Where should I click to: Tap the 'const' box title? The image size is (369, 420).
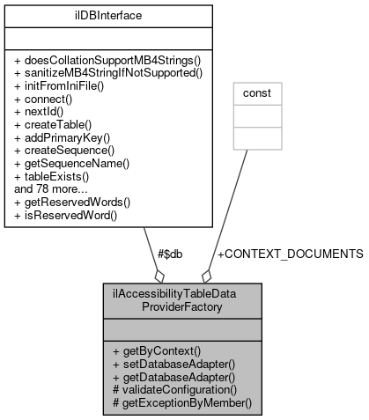[x=255, y=92]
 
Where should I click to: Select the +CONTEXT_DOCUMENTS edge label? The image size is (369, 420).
[x=289, y=254]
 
